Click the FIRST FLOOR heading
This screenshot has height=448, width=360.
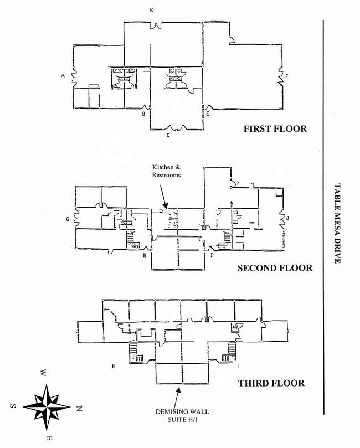(x=275, y=129)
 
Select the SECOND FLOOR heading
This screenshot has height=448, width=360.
(x=275, y=268)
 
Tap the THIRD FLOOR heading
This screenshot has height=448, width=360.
(x=271, y=383)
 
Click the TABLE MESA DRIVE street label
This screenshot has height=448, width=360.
(x=338, y=224)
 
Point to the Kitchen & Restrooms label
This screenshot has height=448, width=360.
(x=167, y=171)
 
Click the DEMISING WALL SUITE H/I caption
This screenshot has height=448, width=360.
(x=177, y=414)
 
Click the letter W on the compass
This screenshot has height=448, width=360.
(x=43, y=373)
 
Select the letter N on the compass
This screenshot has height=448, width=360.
(x=79, y=409)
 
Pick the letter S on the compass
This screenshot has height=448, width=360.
(x=12, y=405)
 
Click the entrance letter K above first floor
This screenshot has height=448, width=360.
(x=151, y=10)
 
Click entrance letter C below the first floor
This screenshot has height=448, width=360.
(x=168, y=135)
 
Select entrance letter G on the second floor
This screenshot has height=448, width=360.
(x=68, y=219)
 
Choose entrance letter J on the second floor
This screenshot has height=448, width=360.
(x=288, y=219)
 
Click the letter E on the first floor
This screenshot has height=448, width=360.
(x=207, y=114)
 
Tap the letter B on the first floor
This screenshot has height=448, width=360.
(x=143, y=114)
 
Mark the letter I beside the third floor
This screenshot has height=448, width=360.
(x=239, y=366)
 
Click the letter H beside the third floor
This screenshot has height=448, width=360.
(x=114, y=366)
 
